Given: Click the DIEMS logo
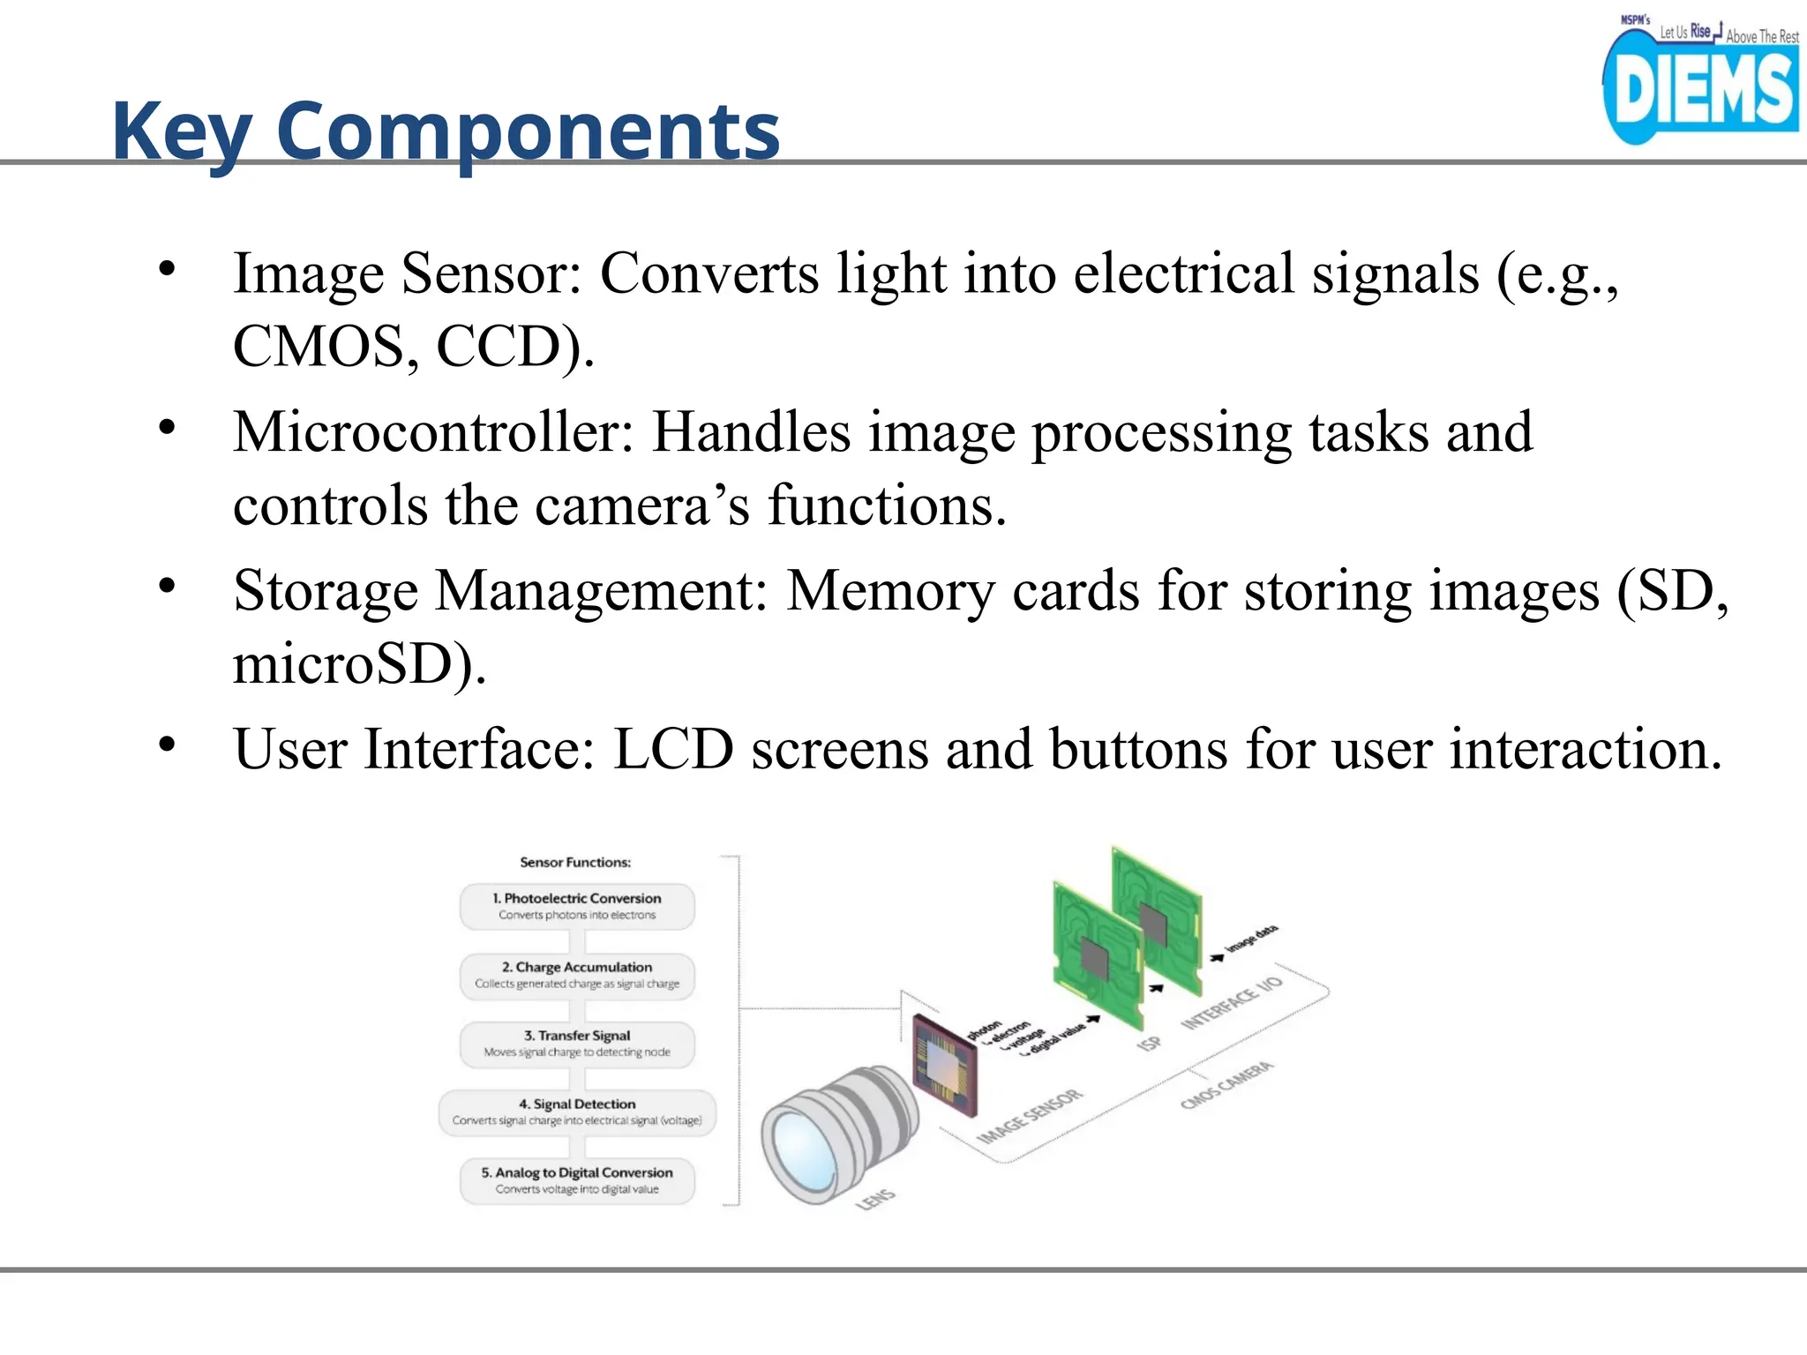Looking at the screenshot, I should click(x=1699, y=85).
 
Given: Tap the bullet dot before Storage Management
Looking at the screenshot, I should click(x=168, y=586).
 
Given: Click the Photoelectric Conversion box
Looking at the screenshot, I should click(x=577, y=906).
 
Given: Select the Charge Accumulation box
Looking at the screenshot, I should click(x=577, y=975).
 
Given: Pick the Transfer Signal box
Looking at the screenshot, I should click(x=577, y=1044).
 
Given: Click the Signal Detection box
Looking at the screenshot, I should click(x=577, y=1112).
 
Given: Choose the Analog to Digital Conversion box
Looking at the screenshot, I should click(x=577, y=1180).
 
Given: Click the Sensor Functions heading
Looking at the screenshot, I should click(x=575, y=862).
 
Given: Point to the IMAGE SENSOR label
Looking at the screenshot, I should click(x=1029, y=1118).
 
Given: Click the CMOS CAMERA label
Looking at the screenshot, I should click(x=1226, y=1086).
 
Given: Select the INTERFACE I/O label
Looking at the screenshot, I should click(x=1232, y=1003).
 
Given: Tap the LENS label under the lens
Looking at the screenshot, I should click(x=875, y=1200).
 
